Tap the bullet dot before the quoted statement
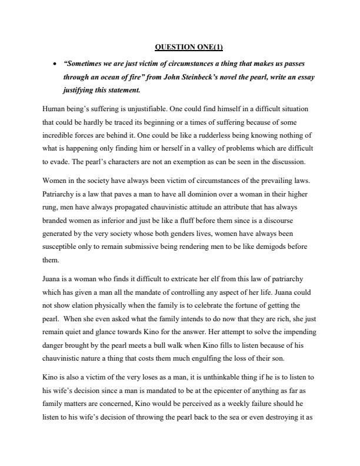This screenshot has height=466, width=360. click(x=54, y=63)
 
